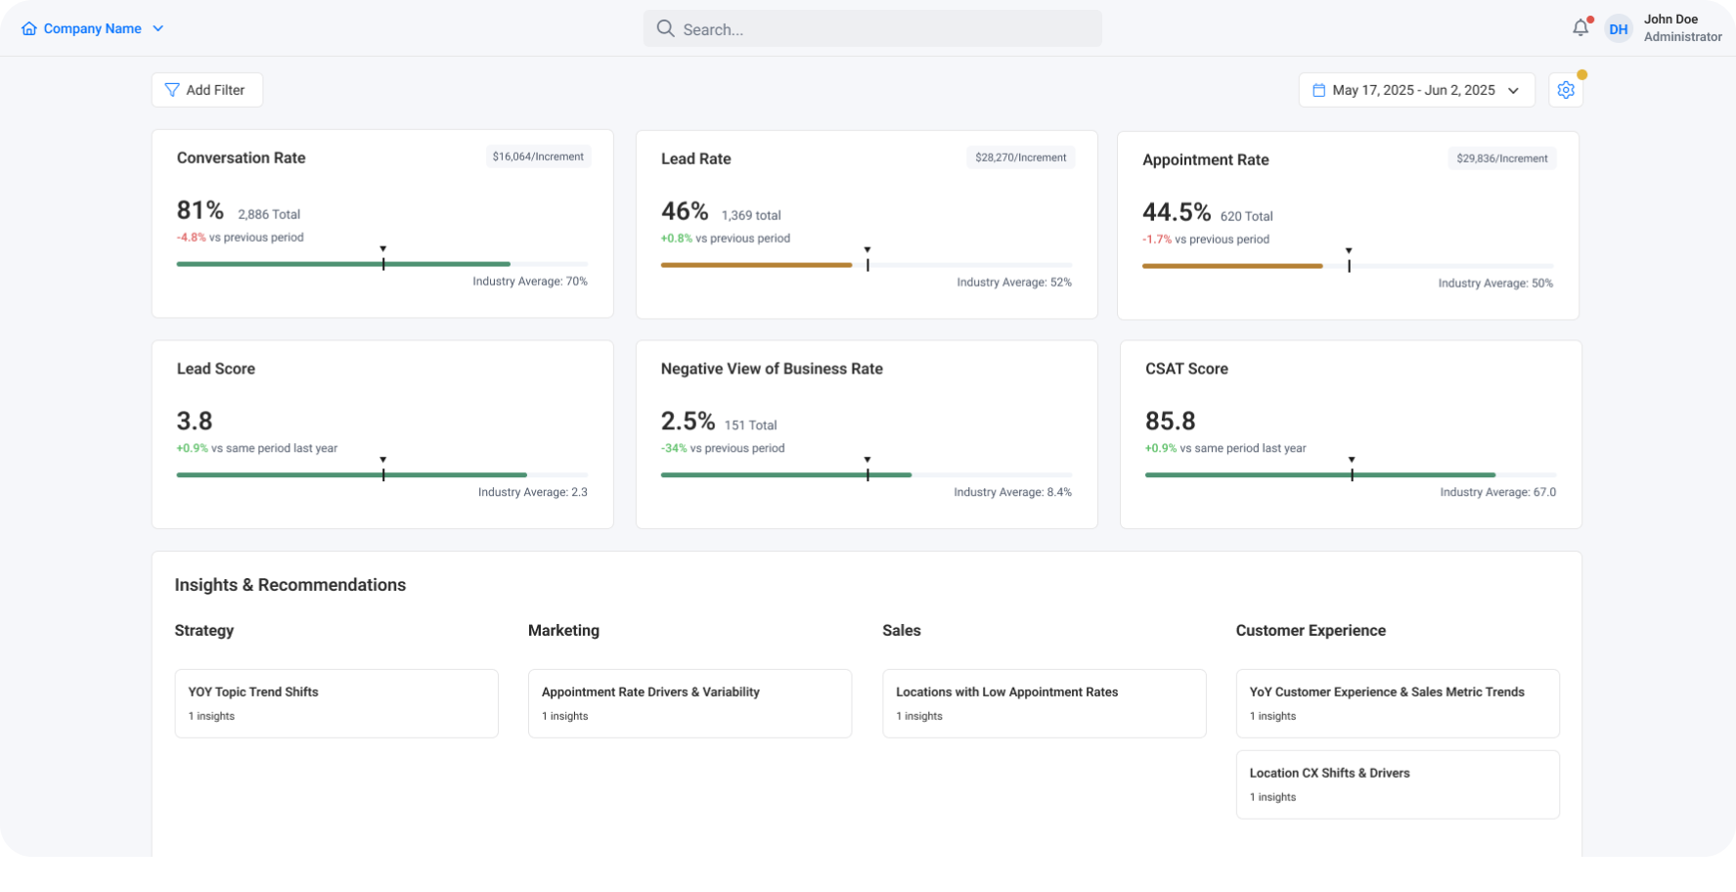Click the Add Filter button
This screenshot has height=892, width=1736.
pos(206,90)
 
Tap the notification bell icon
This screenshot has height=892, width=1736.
pos(1580,28)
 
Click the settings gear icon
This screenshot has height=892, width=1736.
pos(1566,90)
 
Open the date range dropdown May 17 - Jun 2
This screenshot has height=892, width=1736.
pos(1416,90)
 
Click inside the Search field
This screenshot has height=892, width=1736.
pos(872,28)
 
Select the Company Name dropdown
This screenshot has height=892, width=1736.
pos(92,28)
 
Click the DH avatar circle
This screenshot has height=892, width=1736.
pos(1619,29)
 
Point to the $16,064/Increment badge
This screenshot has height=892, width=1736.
pos(538,156)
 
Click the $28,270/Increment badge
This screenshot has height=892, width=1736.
pos(1020,157)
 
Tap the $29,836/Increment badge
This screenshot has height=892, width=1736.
pos(1501,158)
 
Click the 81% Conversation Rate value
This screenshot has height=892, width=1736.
pos(200,210)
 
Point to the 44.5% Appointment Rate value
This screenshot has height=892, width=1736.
pos(1177,212)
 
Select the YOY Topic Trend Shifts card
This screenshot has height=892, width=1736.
pos(336,703)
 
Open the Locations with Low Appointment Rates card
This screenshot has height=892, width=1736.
pos(1045,703)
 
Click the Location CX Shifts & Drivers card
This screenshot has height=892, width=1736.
pos(1398,784)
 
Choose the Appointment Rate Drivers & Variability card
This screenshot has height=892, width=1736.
pos(690,703)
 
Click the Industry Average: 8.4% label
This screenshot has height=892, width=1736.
pos(1012,492)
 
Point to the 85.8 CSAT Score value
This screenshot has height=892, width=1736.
pos(1171,422)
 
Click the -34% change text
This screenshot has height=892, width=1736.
pos(674,448)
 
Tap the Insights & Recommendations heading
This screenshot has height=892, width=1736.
pos(290,585)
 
